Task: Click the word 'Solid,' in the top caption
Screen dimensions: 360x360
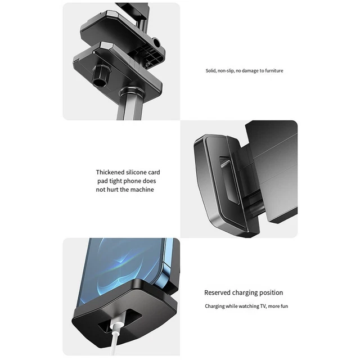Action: coord(211,71)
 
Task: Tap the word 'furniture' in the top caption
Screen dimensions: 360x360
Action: coord(274,71)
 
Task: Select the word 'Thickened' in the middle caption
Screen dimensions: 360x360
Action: coord(108,172)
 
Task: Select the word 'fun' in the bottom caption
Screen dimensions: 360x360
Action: coord(284,306)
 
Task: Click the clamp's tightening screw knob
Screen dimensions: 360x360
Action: coord(101,75)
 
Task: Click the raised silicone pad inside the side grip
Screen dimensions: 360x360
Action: coord(229,180)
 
